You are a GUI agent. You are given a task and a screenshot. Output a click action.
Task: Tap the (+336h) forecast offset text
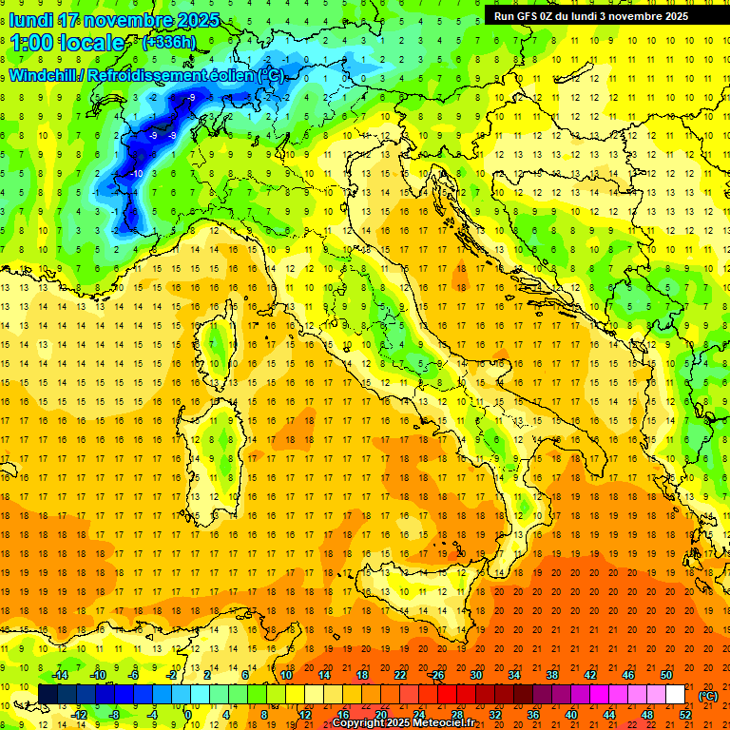tap(168, 42)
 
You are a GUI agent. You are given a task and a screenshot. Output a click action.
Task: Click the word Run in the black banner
tap(504, 16)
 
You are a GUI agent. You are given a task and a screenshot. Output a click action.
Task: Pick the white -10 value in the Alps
tap(137, 174)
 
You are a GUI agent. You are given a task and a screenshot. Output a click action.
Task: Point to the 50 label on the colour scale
tap(666, 675)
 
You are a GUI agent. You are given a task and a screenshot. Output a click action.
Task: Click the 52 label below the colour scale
tap(684, 715)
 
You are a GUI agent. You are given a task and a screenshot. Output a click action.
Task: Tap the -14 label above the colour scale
tap(60, 675)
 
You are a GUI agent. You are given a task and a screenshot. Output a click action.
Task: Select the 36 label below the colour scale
tap(532, 715)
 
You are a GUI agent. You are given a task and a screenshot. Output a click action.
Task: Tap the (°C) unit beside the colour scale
tap(708, 695)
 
